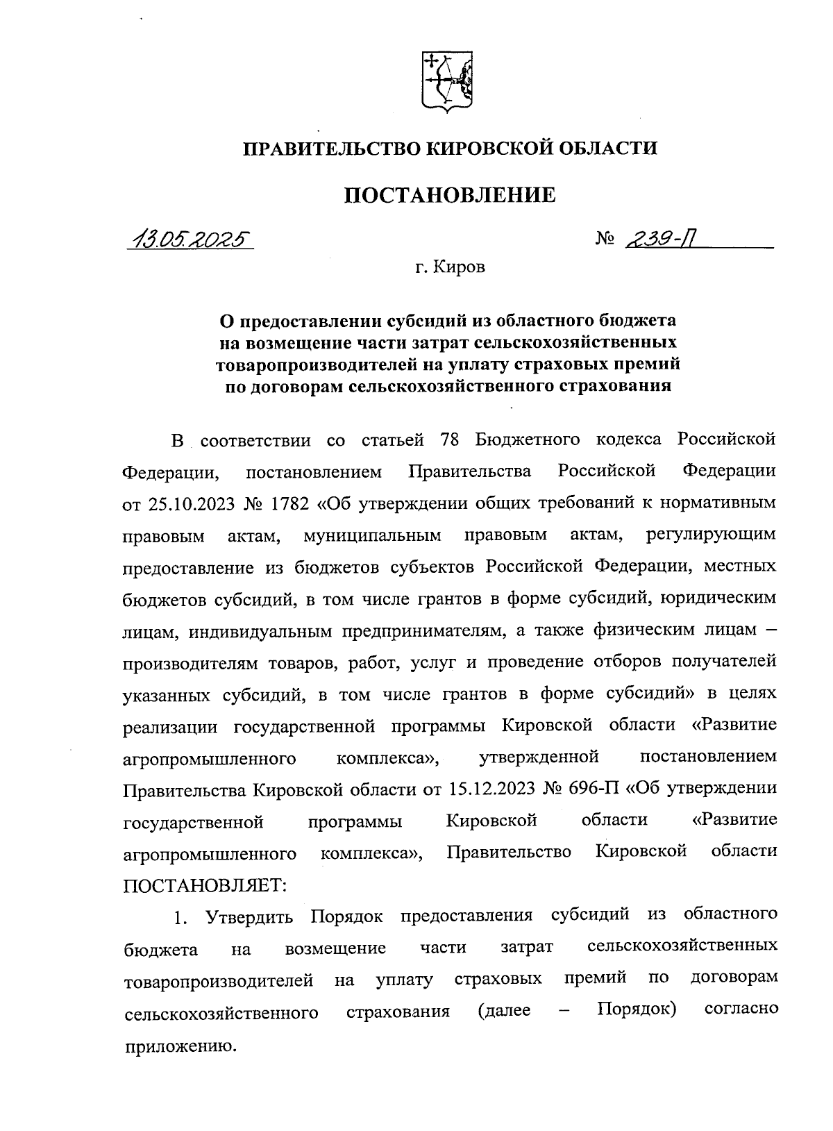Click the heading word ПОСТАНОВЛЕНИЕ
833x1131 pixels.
coord(450,195)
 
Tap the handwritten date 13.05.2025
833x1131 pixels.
coord(190,240)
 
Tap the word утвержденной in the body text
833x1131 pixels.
coord(539,757)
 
